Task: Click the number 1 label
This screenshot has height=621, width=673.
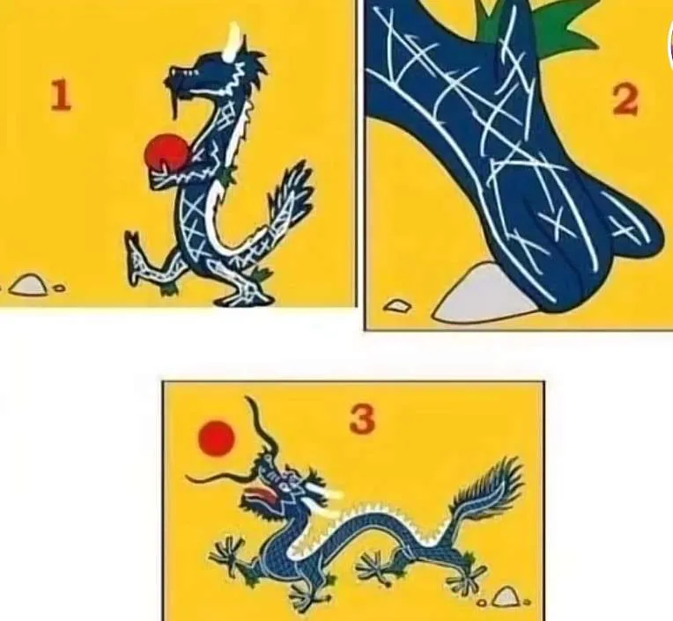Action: [x=61, y=96]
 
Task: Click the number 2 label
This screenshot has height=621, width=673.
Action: [x=625, y=99]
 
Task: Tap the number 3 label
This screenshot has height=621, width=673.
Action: [x=362, y=419]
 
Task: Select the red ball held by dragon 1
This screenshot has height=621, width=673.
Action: [x=167, y=152]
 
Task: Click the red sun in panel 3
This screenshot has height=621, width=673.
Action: [x=217, y=438]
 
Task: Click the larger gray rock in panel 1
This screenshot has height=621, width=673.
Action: [x=28, y=284]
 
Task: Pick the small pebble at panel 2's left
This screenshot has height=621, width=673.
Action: [x=397, y=305]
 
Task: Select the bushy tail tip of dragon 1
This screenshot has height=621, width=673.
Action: [x=292, y=185]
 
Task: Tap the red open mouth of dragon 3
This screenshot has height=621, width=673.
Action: [x=263, y=496]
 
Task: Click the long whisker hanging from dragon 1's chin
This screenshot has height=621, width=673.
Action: [x=176, y=104]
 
